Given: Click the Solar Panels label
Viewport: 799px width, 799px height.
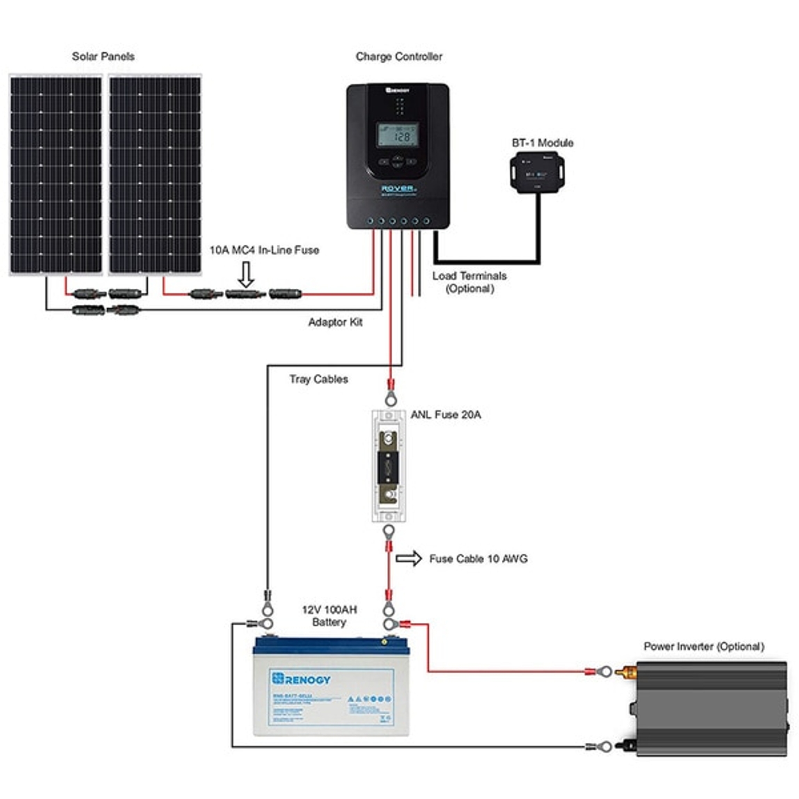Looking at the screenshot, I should pyautogui.click(x=103, y=56).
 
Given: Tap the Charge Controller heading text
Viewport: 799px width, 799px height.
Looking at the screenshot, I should pyautogui.click(x=399, y=56).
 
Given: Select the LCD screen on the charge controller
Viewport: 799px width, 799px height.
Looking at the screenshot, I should pyautogui.click(x=398, y=135).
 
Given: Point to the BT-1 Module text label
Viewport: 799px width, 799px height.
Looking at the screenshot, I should pyautogui.click(x=542, y=143).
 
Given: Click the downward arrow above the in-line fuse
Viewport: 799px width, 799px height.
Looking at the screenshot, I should pyautogui.click(x=247, y=274).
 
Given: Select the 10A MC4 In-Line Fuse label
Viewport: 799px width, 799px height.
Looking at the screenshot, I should pyautogui.click(x=264, y=250).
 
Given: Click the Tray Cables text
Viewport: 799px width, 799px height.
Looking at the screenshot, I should pyautogui.click(x=318, y=379).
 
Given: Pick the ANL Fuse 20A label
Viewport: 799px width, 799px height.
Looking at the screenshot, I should pyautogui.click(x=446, y=414).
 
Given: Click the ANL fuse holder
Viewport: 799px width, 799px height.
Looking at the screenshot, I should pyautogui.click(x=388, y=465).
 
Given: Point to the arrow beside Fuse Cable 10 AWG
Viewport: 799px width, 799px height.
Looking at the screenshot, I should pyautogui.click(x=408, y=559).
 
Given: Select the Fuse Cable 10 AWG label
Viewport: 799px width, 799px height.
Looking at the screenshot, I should pyautogui.click(x=478, y=559).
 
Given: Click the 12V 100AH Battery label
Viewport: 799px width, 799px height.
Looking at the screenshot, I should pyautogui.click(x=329, y=616).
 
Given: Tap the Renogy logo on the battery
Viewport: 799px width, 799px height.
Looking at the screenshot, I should pyautogui.click(x=301, y=679).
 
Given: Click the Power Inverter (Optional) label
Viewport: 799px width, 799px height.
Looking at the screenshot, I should pyautogui.click(x=704, y=646).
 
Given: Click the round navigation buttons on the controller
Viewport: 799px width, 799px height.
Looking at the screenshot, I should pyautogui.click(x=398, y=161).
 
